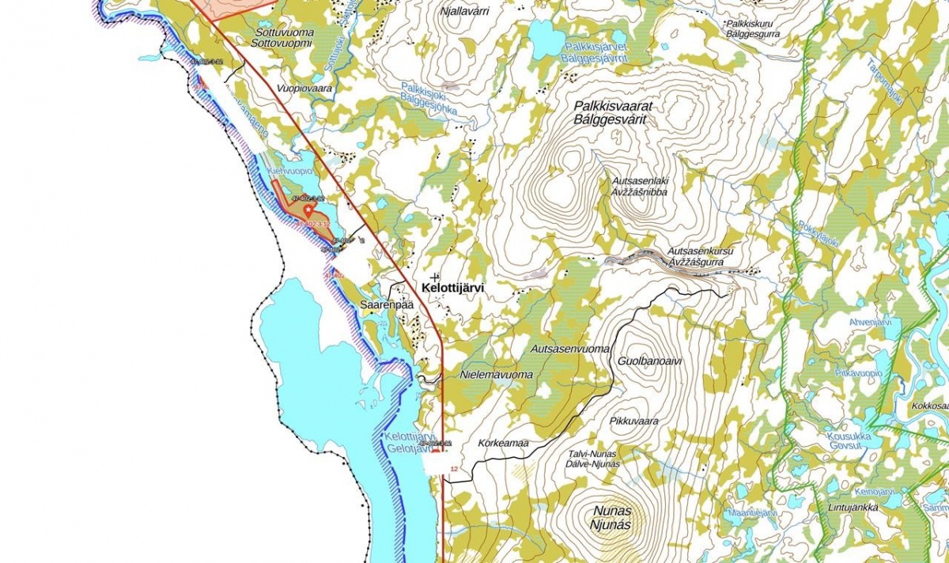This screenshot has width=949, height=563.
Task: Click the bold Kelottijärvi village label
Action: coord(453,290)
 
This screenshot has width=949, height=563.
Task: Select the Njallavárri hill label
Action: coord(466,11)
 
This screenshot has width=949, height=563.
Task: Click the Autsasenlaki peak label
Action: coord(641,181)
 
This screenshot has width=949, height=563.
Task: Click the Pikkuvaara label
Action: coord(634,421)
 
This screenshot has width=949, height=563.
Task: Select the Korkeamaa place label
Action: coord(503,443)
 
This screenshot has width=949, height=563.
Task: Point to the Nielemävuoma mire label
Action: coord(496,375)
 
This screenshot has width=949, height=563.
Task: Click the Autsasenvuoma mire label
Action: coord(569,348)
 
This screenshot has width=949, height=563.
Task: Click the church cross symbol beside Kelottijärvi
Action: coord(434,277)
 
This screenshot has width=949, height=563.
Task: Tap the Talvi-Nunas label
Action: coord(592,454)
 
